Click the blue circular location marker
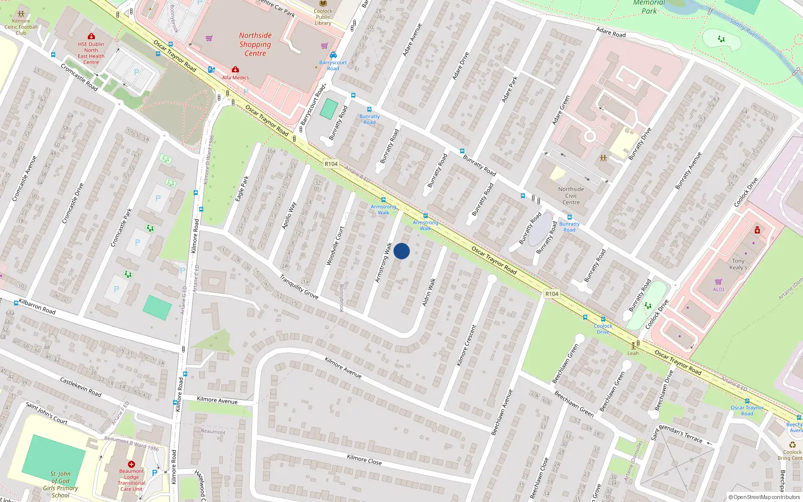(401, 251)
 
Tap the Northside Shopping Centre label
(255, 44)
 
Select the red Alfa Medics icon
(235, 70)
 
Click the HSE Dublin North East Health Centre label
(91, 53)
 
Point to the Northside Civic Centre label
(571, 196)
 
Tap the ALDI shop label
(719, 289)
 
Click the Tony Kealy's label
(738, 264)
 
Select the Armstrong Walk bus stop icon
(383, 200)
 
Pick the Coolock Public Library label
(323, 17)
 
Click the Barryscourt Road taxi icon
(333, 55)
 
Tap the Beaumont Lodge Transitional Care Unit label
(131, 480)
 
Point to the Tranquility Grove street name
(299, 287)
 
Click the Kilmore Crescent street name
(466, 345)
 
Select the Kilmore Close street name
(364, 459)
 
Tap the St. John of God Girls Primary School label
(60, 484)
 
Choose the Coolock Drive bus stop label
(603, 329)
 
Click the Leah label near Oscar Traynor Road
(633, 353)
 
